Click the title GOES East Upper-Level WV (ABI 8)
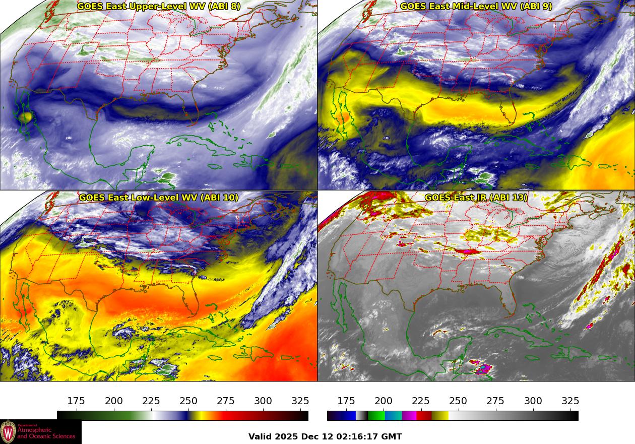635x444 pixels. tap(159, 7)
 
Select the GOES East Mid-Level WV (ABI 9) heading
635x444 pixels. tap(476, 7)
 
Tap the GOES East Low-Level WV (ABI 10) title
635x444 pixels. tap(159, 198)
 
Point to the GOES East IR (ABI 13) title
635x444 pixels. tap(476, 198)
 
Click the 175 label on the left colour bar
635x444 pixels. tap(76, 401)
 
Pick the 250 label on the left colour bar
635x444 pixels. tap(188, 401)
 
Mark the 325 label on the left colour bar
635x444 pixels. tap(300, 401)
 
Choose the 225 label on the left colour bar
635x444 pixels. tap(151, 401)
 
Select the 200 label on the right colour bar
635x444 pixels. tap(384, 401)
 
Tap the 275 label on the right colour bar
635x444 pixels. tap(495, 401)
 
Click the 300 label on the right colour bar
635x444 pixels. tap(533, 401)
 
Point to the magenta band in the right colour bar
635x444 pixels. tap(409, 416)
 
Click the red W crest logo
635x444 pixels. tap(8, 432)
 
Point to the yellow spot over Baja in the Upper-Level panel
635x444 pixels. tap(26, 117)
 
